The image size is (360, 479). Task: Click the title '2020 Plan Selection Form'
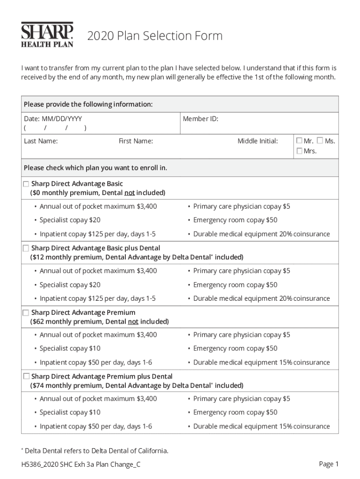tap(155, 36)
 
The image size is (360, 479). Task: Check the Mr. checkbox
tap(299, 140)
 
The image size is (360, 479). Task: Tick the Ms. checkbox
tap(320, 140)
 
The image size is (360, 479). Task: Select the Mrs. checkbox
tap(299, 151)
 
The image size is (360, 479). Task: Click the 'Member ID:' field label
tap(200, 119)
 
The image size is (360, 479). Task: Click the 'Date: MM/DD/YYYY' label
tap(53, 119)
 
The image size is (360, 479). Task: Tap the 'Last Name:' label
tap(41, 141)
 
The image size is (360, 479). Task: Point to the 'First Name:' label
tap(136, 141)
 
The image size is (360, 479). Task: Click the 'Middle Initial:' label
tap(257, 141)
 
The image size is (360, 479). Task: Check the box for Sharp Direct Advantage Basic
tap(26, 184)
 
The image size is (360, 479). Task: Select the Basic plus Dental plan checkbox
tap(26, 248)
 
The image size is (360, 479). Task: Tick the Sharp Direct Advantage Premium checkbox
tap(26, 312)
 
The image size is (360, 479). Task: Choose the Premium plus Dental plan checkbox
tap(26, 376)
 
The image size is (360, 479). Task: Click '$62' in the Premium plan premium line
tap(38, 321)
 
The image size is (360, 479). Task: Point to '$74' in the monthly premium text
tap(38, 385)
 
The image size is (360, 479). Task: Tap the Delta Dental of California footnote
tap(95, 451)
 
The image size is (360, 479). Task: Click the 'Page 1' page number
tap(328, 464)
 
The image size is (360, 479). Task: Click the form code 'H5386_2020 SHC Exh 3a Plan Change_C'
tap(80, 464)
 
